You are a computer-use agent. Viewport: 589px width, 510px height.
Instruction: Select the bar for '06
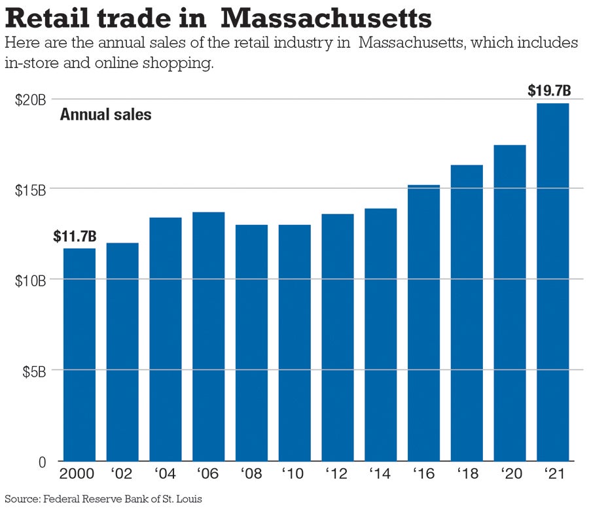[208, 336]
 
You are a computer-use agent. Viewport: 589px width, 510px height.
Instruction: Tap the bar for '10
[294, 343]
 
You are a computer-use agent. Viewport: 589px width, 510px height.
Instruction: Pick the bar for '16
[424, 323]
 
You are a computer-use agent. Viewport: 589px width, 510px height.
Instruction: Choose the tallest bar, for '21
[553, 282]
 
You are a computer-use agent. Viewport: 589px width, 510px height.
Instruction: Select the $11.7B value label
[75, 236]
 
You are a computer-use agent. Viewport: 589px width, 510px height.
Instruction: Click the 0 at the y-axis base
[41, 462]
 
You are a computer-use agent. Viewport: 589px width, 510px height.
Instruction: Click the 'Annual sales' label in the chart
[105, 115]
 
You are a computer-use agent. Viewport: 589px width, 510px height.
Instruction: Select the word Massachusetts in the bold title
[326, 18]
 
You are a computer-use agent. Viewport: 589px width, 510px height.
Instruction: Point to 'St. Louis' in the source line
[183, 499]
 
